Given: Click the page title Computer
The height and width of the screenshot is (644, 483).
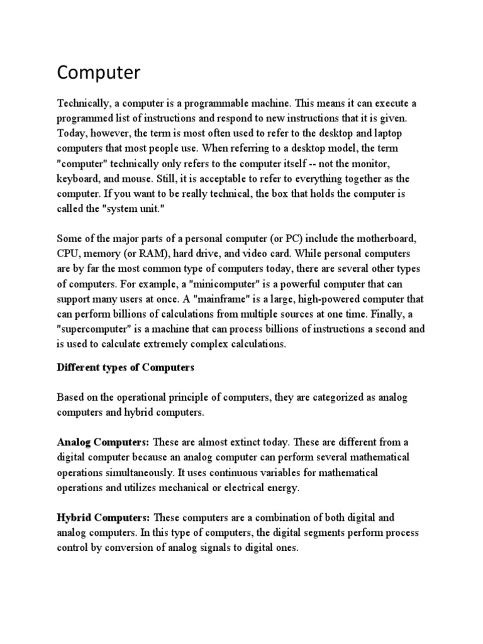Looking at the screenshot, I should point(99,74).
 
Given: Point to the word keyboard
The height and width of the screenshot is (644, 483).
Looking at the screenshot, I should point(78,179).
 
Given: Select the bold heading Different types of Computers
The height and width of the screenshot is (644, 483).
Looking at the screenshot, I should point(126,367).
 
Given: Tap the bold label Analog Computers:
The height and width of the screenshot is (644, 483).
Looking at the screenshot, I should point(103,442).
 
